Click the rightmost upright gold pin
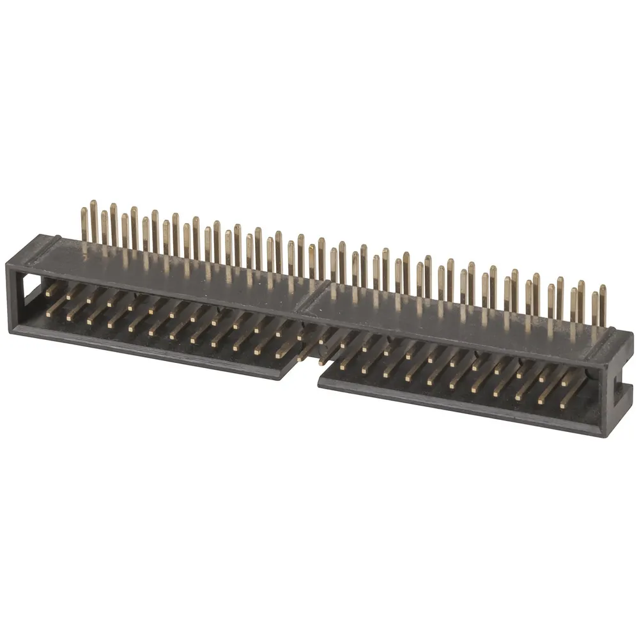pos(603,307)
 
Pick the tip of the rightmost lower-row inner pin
pos(562,406)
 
